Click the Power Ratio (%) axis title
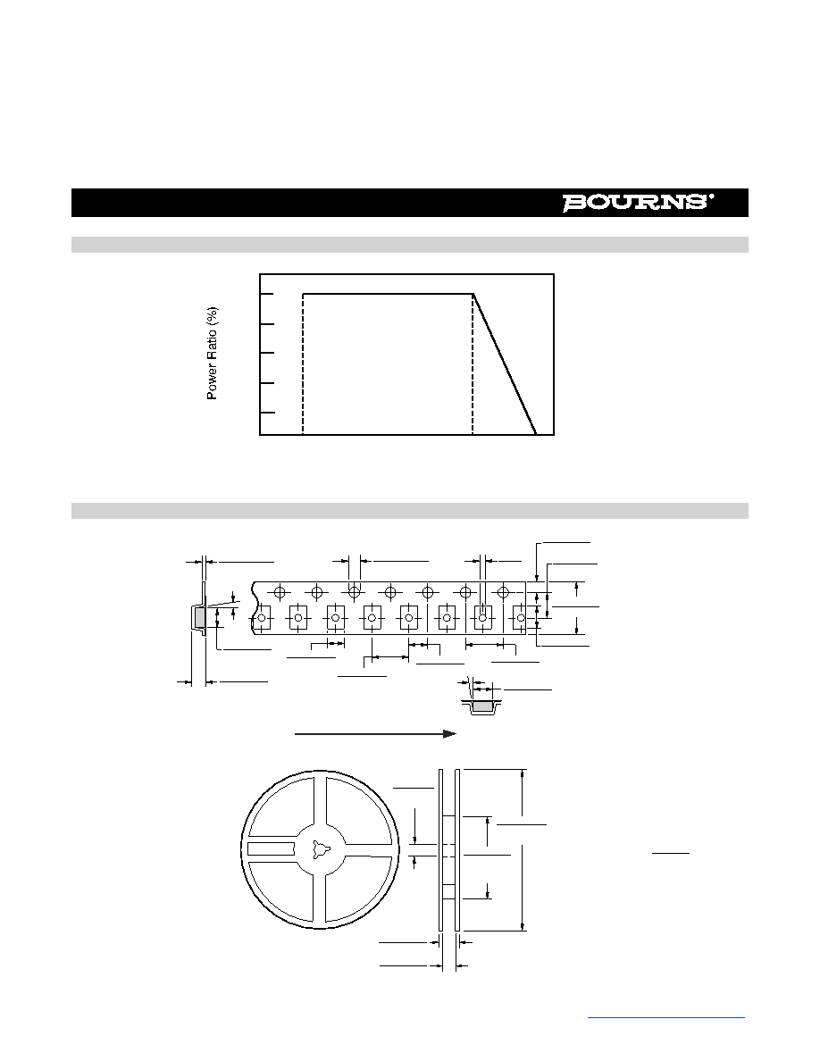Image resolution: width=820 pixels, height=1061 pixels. tap(213, 353)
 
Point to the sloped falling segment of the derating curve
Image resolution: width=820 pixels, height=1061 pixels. tap(505, 364)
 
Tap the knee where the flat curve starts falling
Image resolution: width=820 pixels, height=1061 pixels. tap(473, 295)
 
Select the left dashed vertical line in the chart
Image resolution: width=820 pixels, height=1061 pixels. tap(303, 364)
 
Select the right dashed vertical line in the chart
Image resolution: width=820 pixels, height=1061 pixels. tap(473, 364)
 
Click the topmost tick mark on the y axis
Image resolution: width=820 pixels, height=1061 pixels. tap(267, 295)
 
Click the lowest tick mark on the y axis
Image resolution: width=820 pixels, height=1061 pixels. tap(267, 412)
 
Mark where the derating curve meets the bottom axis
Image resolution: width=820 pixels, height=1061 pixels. tap(537, 434)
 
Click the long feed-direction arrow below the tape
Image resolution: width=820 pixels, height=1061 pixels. tap(375, 734)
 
